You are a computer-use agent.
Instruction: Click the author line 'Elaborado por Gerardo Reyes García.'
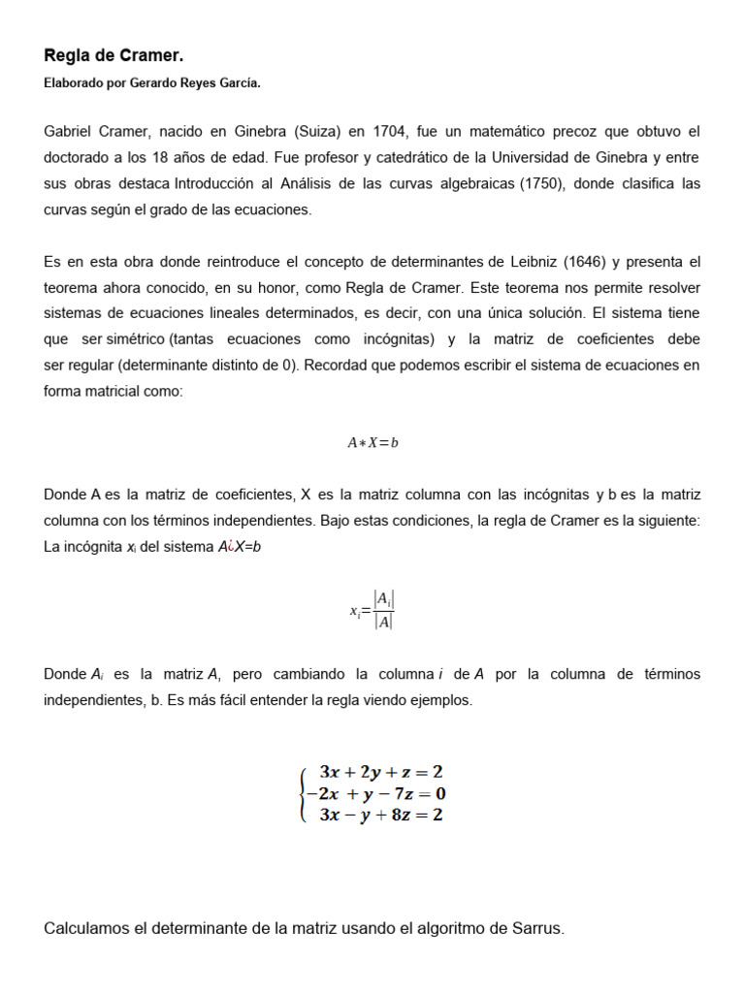(x=152, y=84)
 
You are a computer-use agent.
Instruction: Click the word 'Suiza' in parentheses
(x=311, y=131)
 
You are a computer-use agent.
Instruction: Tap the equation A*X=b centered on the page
(x=372, y=443)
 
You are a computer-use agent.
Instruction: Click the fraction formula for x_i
(x=373, y=611)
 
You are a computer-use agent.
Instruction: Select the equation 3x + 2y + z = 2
(x=381, y=773)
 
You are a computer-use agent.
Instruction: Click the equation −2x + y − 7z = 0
(x=375, y=794)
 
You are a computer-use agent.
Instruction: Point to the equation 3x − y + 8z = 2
(x=381, y=816)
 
